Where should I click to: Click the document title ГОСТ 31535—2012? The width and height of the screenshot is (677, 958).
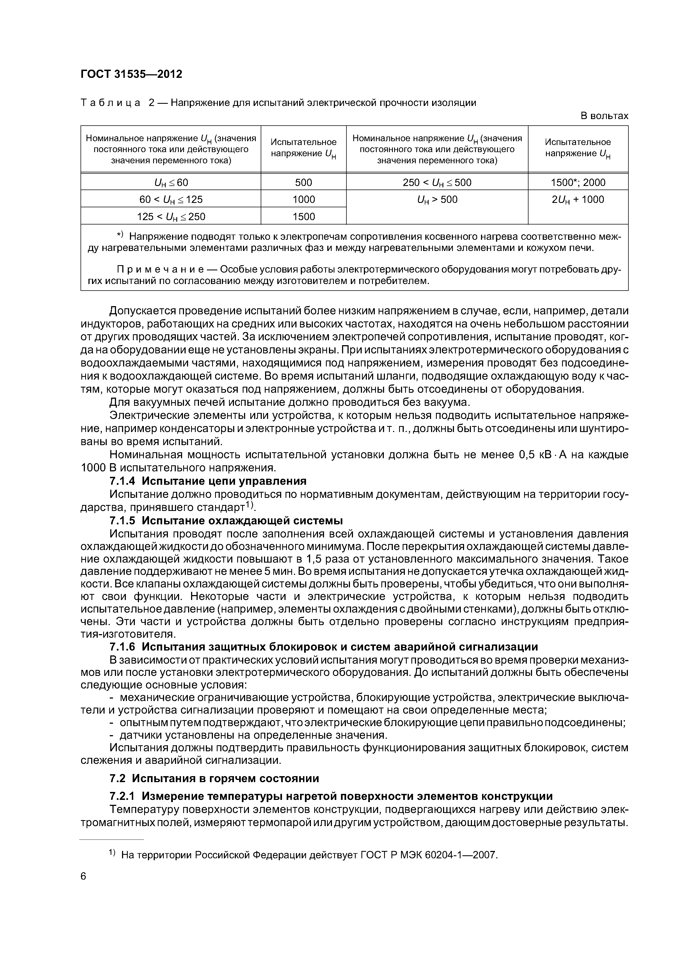click(x=131, y=74)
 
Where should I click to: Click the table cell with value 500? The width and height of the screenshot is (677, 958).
click(x=303, y=182)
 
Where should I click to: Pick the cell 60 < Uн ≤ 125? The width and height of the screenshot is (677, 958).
click(x=171, y=199)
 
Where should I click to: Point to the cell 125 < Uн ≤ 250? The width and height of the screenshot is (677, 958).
click(x=171, y=217)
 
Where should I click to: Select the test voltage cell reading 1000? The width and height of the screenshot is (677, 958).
click(x=303, y=199)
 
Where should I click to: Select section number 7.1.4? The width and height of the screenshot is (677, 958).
click(x=122, y=481)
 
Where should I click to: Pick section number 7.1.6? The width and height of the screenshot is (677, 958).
click(x=122, y=647)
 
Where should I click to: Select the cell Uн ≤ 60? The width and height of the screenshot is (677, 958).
click(x=171, y=182)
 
